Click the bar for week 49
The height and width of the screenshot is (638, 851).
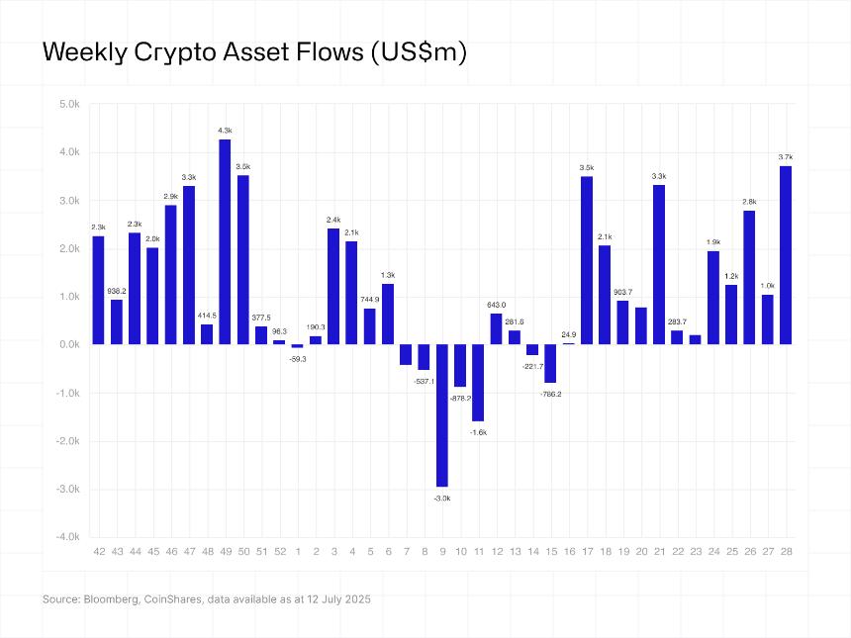point(225,242)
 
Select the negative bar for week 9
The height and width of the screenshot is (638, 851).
point(441,415)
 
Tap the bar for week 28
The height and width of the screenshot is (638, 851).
point(786,255)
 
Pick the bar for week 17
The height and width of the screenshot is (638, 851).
point(587,260)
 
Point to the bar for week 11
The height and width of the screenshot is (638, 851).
point(478,383)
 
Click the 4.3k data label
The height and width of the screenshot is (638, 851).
point(225,131)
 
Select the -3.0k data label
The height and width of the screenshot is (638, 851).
point(441,498)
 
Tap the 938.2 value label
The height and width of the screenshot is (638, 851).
point(116,291)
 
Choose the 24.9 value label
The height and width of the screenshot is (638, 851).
point(569,334)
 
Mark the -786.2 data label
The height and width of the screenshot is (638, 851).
point(550,394)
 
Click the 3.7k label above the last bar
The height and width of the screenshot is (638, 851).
point(786,157)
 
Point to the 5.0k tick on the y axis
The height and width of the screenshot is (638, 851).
point(68,104)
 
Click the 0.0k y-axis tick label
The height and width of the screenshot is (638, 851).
point(68,345)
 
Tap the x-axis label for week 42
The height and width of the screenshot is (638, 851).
point(98,551)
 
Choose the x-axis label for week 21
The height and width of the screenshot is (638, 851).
point(659,551)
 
